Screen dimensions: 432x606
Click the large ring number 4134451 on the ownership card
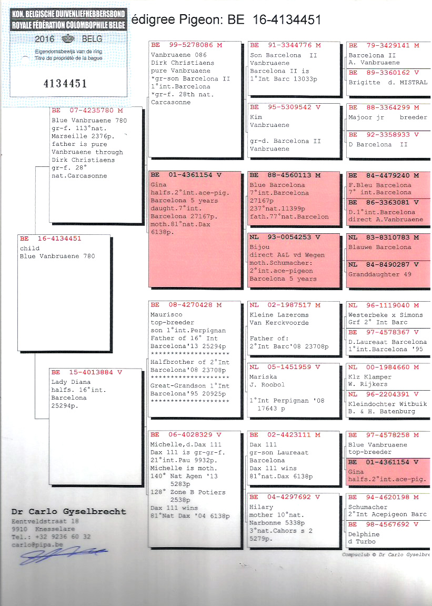coord(65,84)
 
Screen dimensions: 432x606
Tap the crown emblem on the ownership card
coord(68,38)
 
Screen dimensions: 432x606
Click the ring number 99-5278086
coord(190,45)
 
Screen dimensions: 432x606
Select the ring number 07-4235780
coord(92,111)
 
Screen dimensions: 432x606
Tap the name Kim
coord(256,117)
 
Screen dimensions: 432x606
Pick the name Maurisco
coord(166,315)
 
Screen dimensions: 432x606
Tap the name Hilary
coord(261,507)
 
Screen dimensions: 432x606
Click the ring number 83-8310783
coord(388,237)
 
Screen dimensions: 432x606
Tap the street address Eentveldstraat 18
coord(45,521)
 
